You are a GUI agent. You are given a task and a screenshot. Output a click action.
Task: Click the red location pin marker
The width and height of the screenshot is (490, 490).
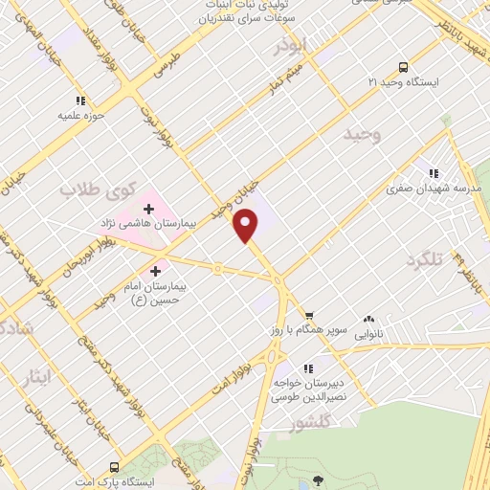247,225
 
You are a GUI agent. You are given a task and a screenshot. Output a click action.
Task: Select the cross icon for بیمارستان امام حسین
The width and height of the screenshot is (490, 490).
156,271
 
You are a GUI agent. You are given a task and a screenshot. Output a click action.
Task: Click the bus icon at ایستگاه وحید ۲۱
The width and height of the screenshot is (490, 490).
403,67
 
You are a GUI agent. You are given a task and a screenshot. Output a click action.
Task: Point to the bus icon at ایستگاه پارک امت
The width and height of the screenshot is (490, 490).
115,467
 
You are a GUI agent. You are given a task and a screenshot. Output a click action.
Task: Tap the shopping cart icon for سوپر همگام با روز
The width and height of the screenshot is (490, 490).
308,317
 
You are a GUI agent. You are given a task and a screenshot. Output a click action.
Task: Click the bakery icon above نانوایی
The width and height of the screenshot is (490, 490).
369,320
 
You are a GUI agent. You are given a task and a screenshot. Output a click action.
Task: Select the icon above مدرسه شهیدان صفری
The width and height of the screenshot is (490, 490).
434,173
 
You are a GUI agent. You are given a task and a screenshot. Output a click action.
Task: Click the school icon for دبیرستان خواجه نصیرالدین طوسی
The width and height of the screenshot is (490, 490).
308,367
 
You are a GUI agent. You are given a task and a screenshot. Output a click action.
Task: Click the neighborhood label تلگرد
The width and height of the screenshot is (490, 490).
426,260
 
